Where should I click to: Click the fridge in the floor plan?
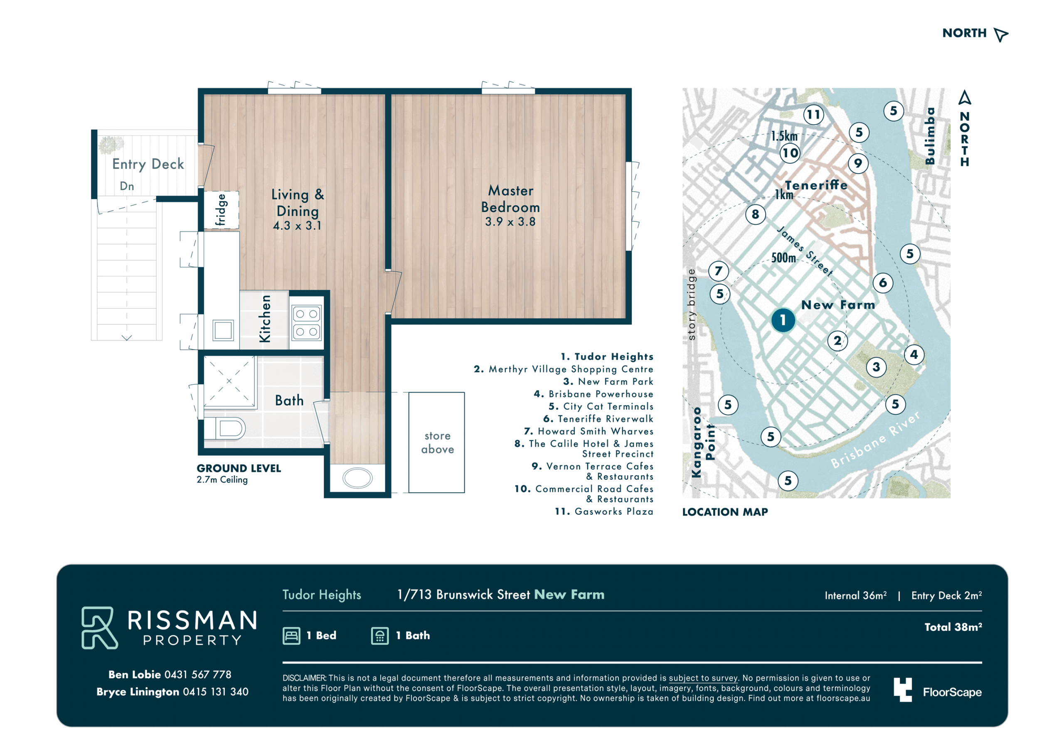[x=222, y=210]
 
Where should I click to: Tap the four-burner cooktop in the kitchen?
[x=306, y=323]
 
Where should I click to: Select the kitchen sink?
[x=223, y=330]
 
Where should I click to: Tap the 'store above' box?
[x=436, y=442]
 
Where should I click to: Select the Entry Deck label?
[x=148, y=164]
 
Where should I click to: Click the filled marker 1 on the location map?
[x=783, y=320]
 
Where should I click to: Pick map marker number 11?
[x=813, y=114]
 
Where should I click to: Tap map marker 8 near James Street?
[x=755, y=214]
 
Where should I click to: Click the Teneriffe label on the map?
[x=816, y=185]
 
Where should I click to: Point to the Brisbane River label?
[x=875, y=440]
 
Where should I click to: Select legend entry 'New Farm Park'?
[x=608, y=382]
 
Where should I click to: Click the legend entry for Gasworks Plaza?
[x=604, y=511]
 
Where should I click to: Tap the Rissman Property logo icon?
[x=99, y=628]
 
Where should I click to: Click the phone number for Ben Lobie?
[x=198, y=675]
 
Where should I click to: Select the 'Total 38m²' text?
[x=953, y=627]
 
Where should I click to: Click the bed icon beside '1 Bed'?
[x=291, y=636]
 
